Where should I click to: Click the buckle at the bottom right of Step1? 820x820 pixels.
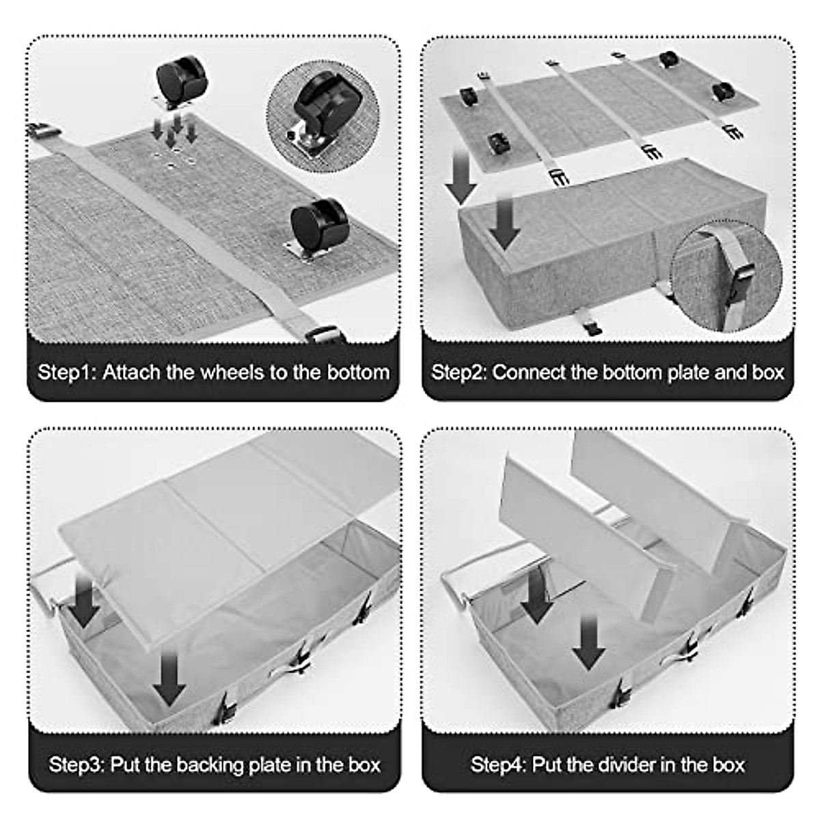tap(325, 334)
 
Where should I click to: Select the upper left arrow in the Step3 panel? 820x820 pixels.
tap(85, 601)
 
